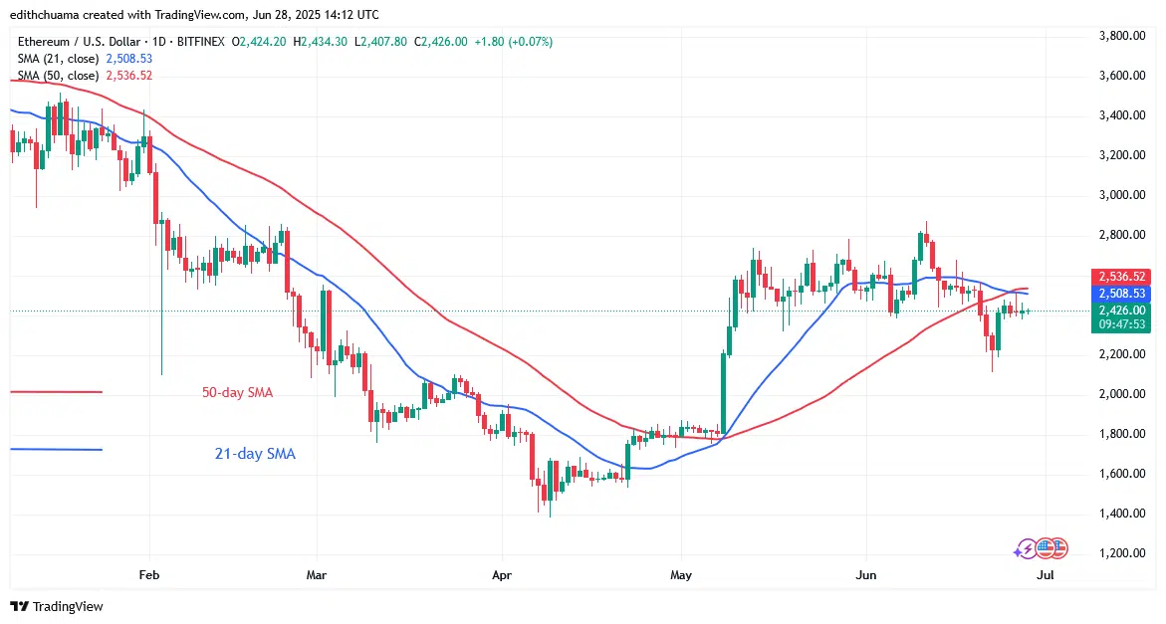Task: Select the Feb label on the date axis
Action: (149, 575)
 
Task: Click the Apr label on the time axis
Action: (501, 575)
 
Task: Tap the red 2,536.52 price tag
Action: (1121, 276)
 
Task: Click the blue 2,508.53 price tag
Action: (1121, 295)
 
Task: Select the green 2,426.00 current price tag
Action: (1121, 311)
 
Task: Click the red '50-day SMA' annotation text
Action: (237, 393)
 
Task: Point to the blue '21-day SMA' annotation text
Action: (255, 454)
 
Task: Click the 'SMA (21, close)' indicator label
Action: (58, 58)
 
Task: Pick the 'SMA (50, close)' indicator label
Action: (58, 75)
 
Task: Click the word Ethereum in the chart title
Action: (46, 42)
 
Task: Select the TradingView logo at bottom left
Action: (58, 606)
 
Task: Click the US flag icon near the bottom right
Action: (1057, 547)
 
